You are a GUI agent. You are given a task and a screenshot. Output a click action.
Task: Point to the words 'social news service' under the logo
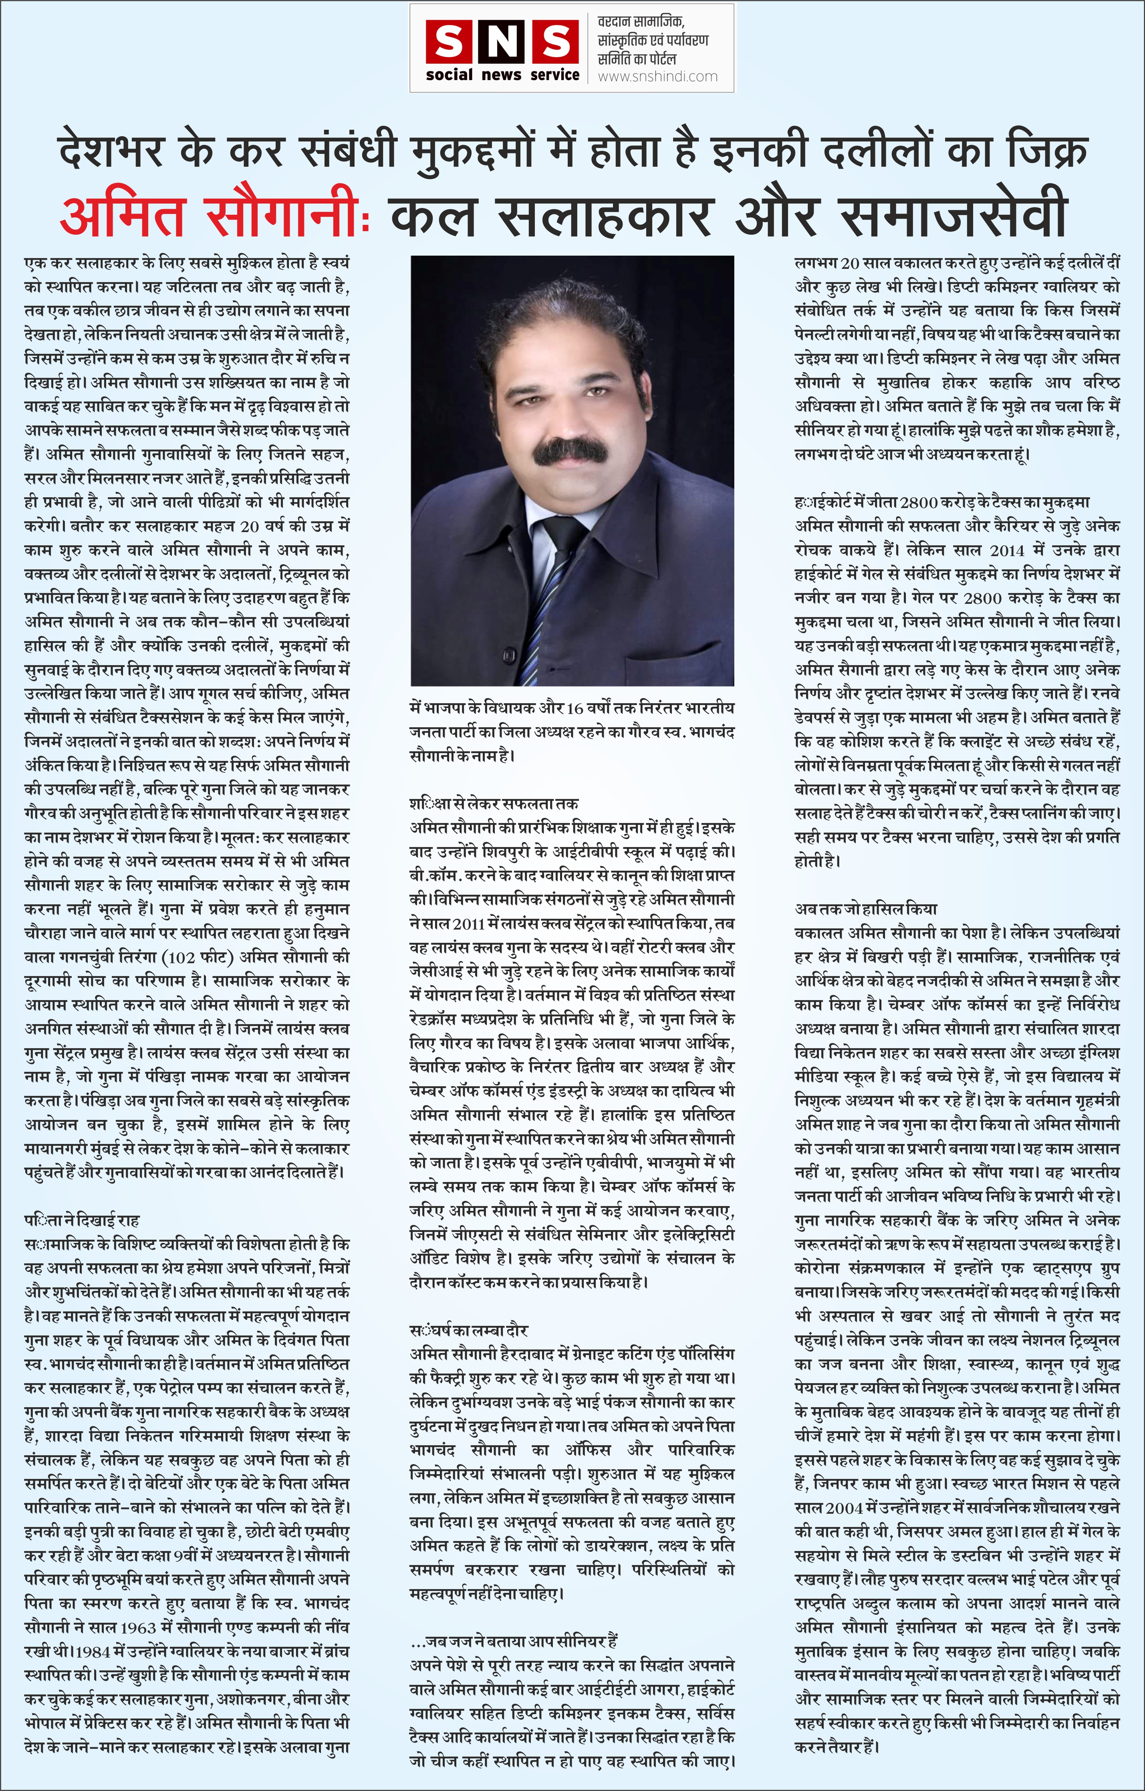[503, 75]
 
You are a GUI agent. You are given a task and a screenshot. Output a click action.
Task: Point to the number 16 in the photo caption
[575, 708]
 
